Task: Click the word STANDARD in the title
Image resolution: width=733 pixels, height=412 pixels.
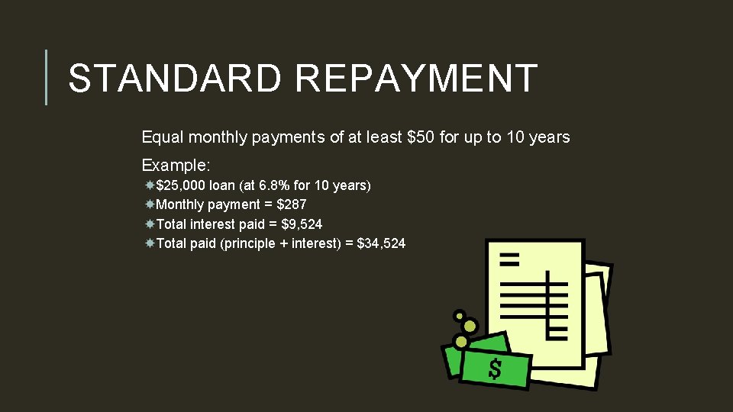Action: (173, 78)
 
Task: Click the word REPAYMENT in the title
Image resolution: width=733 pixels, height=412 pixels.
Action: (415, 78)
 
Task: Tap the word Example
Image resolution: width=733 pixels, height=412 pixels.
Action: (176, 165)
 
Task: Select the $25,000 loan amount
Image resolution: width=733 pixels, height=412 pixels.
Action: (181, 185)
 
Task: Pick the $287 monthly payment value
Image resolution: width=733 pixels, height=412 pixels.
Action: (291, 204)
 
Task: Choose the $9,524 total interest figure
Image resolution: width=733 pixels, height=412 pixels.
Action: (302, 224)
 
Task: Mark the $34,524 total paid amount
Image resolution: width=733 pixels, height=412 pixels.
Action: (381, 243)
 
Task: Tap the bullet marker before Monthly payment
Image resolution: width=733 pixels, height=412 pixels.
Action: (150, 204)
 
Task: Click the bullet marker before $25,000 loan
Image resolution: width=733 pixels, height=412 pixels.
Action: (150, 185)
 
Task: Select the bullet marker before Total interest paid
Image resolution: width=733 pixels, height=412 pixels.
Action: (150, 224)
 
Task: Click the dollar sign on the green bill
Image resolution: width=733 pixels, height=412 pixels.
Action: (495, 369)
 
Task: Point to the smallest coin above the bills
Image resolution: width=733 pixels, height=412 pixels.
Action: (459, 314)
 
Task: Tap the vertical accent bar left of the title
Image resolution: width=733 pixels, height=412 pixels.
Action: (47, 77)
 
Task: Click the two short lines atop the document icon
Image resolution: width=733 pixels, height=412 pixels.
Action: (509, 258)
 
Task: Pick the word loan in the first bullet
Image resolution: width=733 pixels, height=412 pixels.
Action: (222, 185)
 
